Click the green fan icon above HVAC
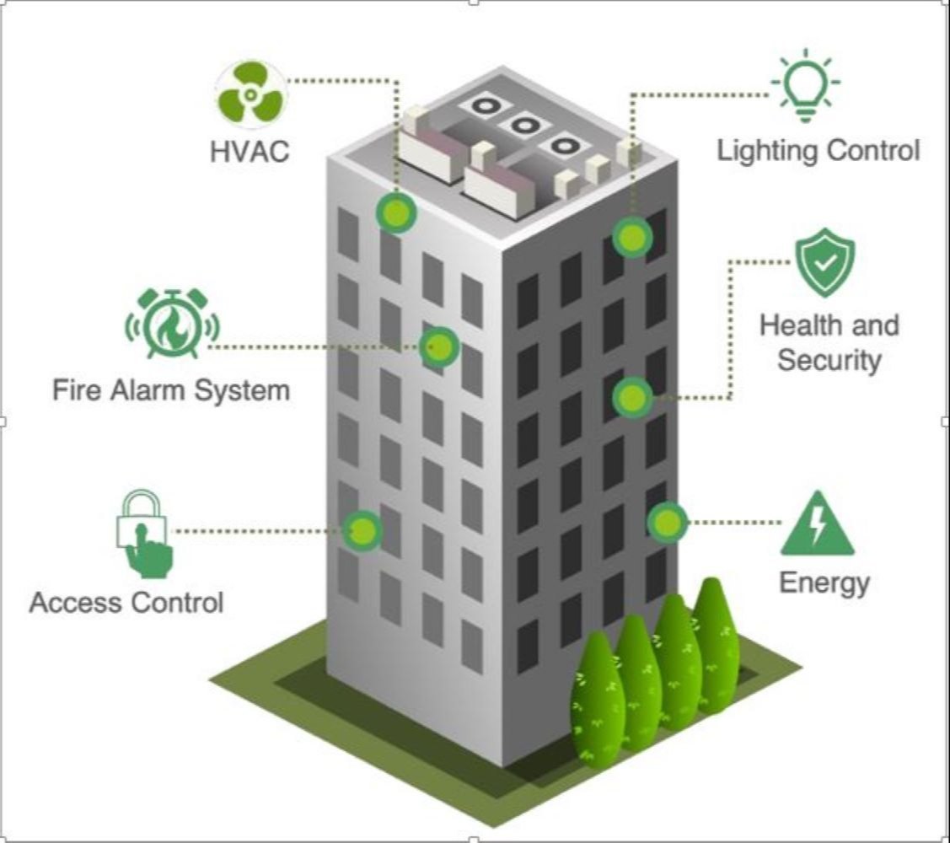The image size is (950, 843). (x=250, y=94)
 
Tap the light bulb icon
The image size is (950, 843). (x=805, y=85)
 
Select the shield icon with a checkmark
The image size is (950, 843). (x=824, y=262)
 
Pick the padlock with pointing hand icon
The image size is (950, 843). (x=144, y=534)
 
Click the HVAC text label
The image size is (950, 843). (x=250, y=152)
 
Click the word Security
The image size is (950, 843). (x=829, y=360)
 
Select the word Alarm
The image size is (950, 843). (x=148, y=389)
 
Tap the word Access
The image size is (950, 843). (x=74, y=603)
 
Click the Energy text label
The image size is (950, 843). (x=824, y=583)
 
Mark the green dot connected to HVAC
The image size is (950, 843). (x=396, y=212)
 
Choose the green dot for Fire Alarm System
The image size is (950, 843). (x=439, y=347)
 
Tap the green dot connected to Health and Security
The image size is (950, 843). (x=632, y=398)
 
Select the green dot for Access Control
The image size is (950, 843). (x=362, y=531)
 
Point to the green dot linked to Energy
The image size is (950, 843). (x=667, y=522)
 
